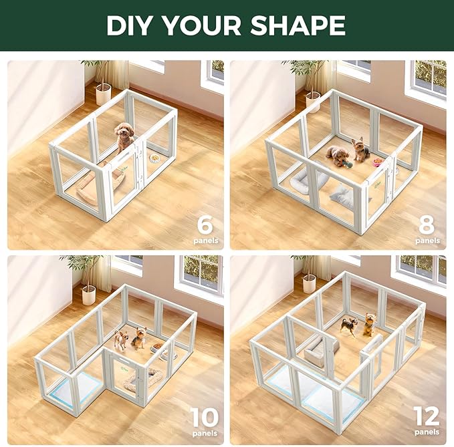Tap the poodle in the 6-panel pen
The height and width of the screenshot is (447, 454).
[x=124, y=136]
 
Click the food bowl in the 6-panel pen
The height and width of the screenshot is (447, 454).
[x=155, y=159]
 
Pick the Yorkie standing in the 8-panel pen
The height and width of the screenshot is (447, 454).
[x=361, y=150]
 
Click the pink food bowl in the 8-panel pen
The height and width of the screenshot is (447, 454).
[x=379, y=162]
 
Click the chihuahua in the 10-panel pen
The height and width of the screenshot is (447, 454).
[x=120, y=339]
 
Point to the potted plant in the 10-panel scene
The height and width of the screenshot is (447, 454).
[x=87, y=281]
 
